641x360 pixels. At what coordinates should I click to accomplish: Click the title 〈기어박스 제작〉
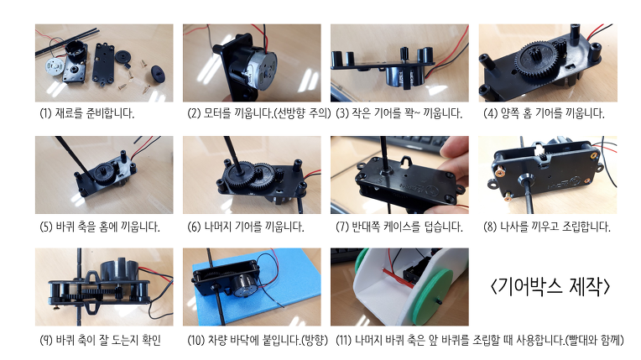(550, 286)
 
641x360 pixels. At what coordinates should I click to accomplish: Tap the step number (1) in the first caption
(45, 113)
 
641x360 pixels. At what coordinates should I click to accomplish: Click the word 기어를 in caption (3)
(388, 113)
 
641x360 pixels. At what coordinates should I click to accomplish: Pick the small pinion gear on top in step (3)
(404, 54)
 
